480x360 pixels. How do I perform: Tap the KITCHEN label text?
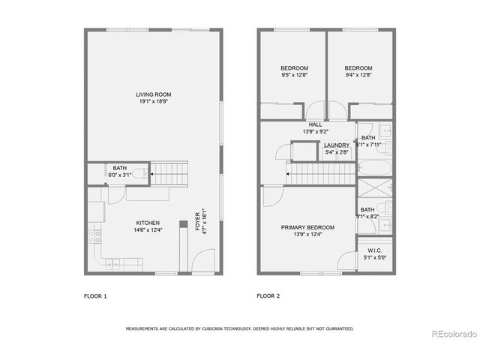click(147, 223)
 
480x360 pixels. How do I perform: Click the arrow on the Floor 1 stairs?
click(151, 175)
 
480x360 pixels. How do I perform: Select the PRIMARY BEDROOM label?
click(307, 227)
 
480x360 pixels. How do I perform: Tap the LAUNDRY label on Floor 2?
click(336, 145)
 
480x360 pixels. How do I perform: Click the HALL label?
click(315, 125)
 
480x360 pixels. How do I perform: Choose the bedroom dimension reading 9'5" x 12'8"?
click(289, 75)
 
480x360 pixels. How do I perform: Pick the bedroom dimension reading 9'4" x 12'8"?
click(358, 75)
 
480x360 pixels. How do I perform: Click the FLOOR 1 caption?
click(95, 296)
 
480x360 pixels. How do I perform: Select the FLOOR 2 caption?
click(268, 296)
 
